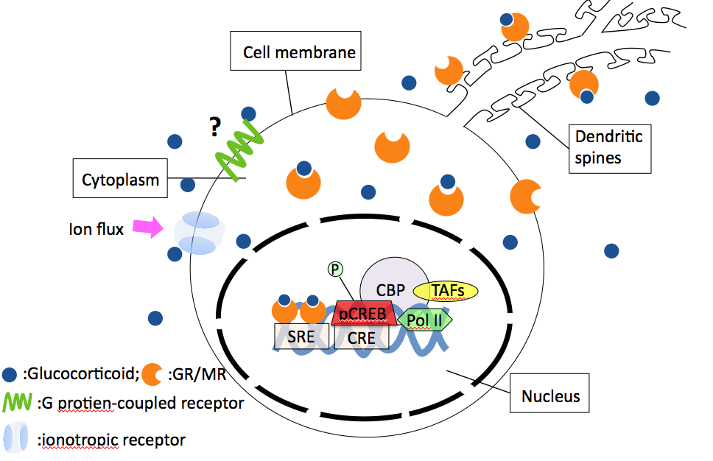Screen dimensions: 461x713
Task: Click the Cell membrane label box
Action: pyautogui.click(x=298, y=52)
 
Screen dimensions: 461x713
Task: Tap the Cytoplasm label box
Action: pyautogui.click(x=120, y=179)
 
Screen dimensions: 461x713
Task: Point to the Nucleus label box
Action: pyautogui.click(x=550, y=397)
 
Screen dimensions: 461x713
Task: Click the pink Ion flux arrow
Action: pyautogui.click(x=150, y=228)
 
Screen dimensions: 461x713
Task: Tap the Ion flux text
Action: pyautogui.click(x=96, y=228)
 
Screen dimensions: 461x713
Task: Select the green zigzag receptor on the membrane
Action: pyautogui.click(x=237, y=150)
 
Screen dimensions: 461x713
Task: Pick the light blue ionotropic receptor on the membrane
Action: pyautogui.click(x=197, y=233)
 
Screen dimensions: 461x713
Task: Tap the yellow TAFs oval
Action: pyautogui.click(x=446, y=292)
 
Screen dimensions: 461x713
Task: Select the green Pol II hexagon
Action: pyautogui.click(x=425, y=319)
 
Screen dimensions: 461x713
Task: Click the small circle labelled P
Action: pyautogui.click(x=335, y=270)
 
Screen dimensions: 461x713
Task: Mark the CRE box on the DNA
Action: pyautogui.click(x=361, y=337)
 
